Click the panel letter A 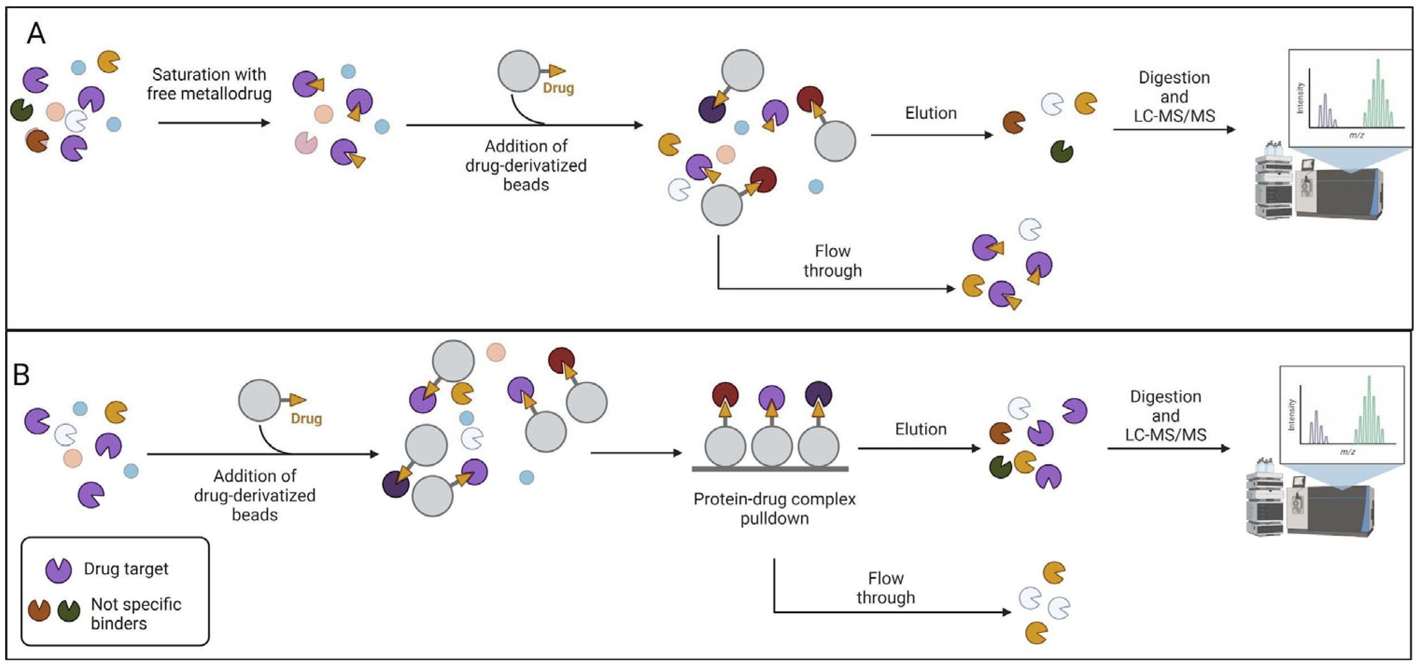click(x=36, y=34)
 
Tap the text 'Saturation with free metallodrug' click(x=209, y=84)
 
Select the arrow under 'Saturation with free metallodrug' click(x=214, y=122)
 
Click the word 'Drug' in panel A click(x=558, y=88)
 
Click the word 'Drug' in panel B click(x=306, y=419)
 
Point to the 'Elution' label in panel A click(x=931, y=113)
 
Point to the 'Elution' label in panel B click(x=920, y=429)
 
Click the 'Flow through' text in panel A click(x=832, y=261)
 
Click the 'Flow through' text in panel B click(x=886, y=588)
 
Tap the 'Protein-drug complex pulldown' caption click(x=774, y=508)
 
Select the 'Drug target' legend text click(x=126, y=569)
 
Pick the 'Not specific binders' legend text click(x=136, y=613)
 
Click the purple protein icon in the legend click(x=58, y=570)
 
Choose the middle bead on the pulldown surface click(x=772, y=447)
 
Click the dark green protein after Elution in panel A click(x=1062, y=151)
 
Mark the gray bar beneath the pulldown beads click(x=770, y=469)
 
